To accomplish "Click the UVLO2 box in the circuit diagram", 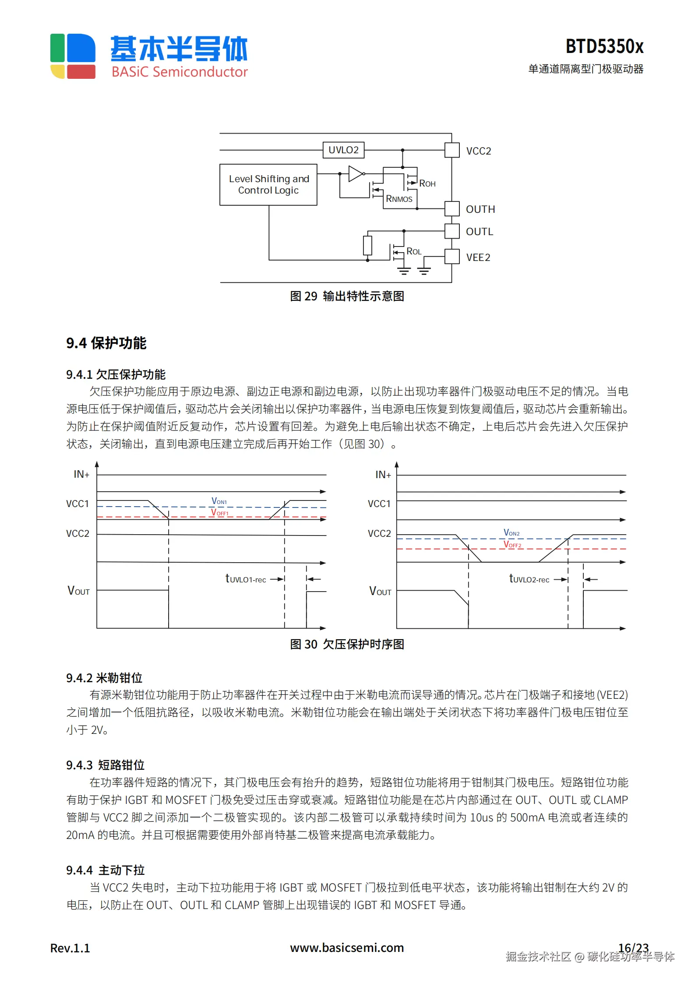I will [x=343, y=150].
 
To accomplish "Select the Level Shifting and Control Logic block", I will [x=268, y=185].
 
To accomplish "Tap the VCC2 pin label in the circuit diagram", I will [x=478, y=151].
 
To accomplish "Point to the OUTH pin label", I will [x=480, y=209].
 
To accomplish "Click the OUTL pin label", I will [x=479, y=232].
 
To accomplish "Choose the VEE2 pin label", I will [x=478, y=257].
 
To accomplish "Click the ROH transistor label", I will [x=427, y=183].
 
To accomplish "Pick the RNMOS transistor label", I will [x=399, y=199].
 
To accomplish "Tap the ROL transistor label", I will [x=414, y=251].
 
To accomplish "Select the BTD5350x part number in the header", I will [x=604, y=46].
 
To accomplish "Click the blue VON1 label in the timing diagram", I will [x=219, y=501].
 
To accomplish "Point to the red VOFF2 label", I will [x=512, y=545].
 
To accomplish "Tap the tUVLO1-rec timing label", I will [x=246, y=579].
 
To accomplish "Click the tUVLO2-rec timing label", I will [x=529, y=579].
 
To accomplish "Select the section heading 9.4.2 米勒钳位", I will [x=104, y=678].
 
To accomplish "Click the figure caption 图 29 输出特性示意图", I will [x=347, y=296].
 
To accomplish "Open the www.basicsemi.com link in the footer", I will [x=347, y=948].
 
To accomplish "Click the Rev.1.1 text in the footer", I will [x=70, y=948].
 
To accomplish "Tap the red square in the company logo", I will [x=81, y=71].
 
